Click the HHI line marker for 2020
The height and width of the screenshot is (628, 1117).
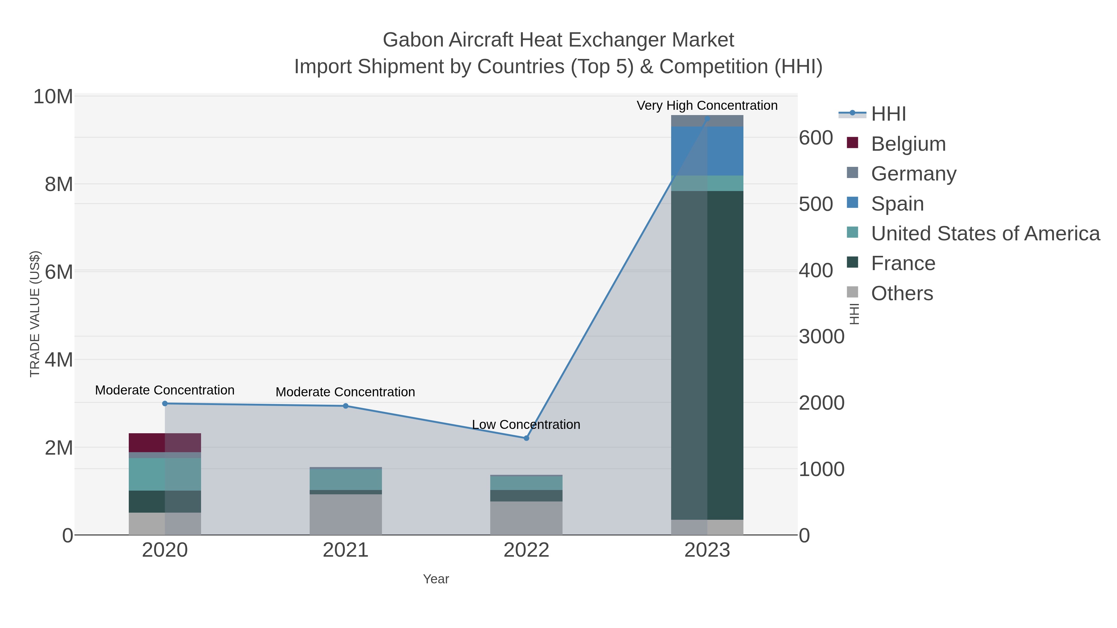coord(165,403)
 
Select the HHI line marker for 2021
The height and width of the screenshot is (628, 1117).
coord(346,406)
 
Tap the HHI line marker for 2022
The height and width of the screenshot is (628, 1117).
coord(527,438)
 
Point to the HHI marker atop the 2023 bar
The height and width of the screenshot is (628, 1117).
coord(707,118)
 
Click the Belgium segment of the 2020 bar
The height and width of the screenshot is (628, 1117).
coord(165,443)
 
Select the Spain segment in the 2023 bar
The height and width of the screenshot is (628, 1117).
coord(707,151)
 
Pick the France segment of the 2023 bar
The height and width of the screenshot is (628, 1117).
coord(707,355)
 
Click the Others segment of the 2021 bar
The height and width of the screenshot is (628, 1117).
coord(346,514)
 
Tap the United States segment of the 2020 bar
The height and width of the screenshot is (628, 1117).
coord(165,474)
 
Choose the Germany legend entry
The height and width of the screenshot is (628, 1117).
coord(913,174)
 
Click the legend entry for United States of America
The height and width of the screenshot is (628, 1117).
coord(985,234)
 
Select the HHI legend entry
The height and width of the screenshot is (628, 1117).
coord(888,114)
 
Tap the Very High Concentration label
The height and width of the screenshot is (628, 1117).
coord(707,105)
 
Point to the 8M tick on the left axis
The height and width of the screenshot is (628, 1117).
coord(59,184)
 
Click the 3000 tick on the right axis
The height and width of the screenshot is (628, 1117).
coord(821,337)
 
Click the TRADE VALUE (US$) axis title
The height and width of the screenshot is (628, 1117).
coord(35,314)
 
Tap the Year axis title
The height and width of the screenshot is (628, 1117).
coord(436,579)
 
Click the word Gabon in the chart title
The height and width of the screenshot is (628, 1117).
coord(413,40)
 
